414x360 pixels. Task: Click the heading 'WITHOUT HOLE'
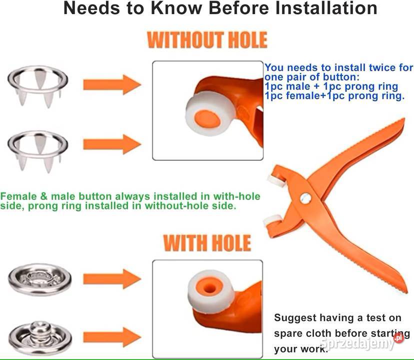pyautogui.click(x=207, y=40)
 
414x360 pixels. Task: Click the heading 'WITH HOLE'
pyautogui.click(x=207, y=243)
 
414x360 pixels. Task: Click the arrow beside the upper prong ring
pyautogui.click(x=112, y=85)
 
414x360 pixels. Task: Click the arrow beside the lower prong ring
pyautogui.click(x=112, y=144)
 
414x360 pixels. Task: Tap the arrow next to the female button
pyautogui.click(x=112, y=279)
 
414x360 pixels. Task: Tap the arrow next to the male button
pyautogui.click(x=112, y=337)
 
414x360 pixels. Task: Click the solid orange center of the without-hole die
pyautogui.click(x=207, y=119)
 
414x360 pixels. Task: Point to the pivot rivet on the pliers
pyautogui.click(x=305, y=198)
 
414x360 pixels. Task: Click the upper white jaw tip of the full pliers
pyautogui.click(x=276, y=181)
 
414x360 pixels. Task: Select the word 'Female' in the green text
pyautogui.click(x=18, y=196)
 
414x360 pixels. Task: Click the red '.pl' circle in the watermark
pyautogui.click(x=398, y=337)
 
